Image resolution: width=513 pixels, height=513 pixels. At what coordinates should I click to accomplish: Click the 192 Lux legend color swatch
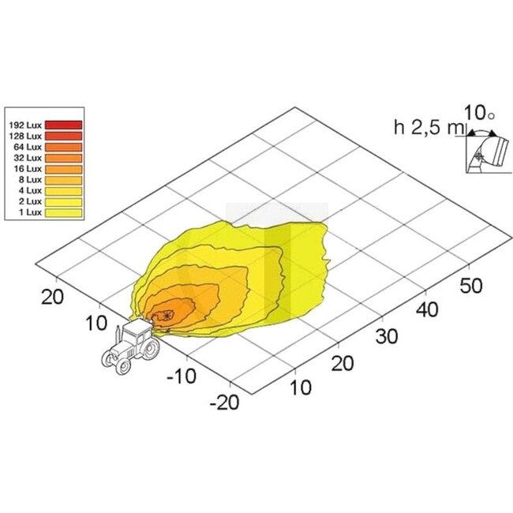[63, 125]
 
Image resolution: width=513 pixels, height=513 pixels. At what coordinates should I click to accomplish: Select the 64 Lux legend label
[28, 147]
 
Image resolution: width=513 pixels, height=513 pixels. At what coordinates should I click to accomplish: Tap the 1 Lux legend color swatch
[63, 212]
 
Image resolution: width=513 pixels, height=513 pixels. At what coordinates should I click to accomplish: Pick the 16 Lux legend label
[28, 169]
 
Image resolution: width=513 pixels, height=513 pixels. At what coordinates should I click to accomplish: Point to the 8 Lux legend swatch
[63, 180]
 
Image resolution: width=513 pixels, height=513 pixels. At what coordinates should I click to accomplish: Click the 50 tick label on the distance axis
[471, 285]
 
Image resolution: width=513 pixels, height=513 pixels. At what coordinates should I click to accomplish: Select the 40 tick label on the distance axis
[427, 309]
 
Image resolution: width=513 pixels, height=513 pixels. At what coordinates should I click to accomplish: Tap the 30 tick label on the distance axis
[387, 336]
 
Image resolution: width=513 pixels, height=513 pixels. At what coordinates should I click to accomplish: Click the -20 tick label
[224, 402]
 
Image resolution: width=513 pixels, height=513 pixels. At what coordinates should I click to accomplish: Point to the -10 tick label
[182, 376]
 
